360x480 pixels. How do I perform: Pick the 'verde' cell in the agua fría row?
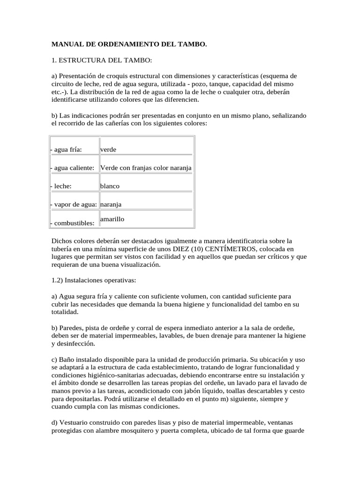pos(108,150)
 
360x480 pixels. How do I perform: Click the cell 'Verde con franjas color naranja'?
pos(146,168)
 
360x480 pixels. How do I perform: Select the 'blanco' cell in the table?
pos(110,186)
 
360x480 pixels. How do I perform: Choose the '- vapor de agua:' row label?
pos(73,204)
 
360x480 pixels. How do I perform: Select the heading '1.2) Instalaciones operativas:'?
pos(94,280)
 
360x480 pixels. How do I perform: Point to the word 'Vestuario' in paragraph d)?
pos(73,423)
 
